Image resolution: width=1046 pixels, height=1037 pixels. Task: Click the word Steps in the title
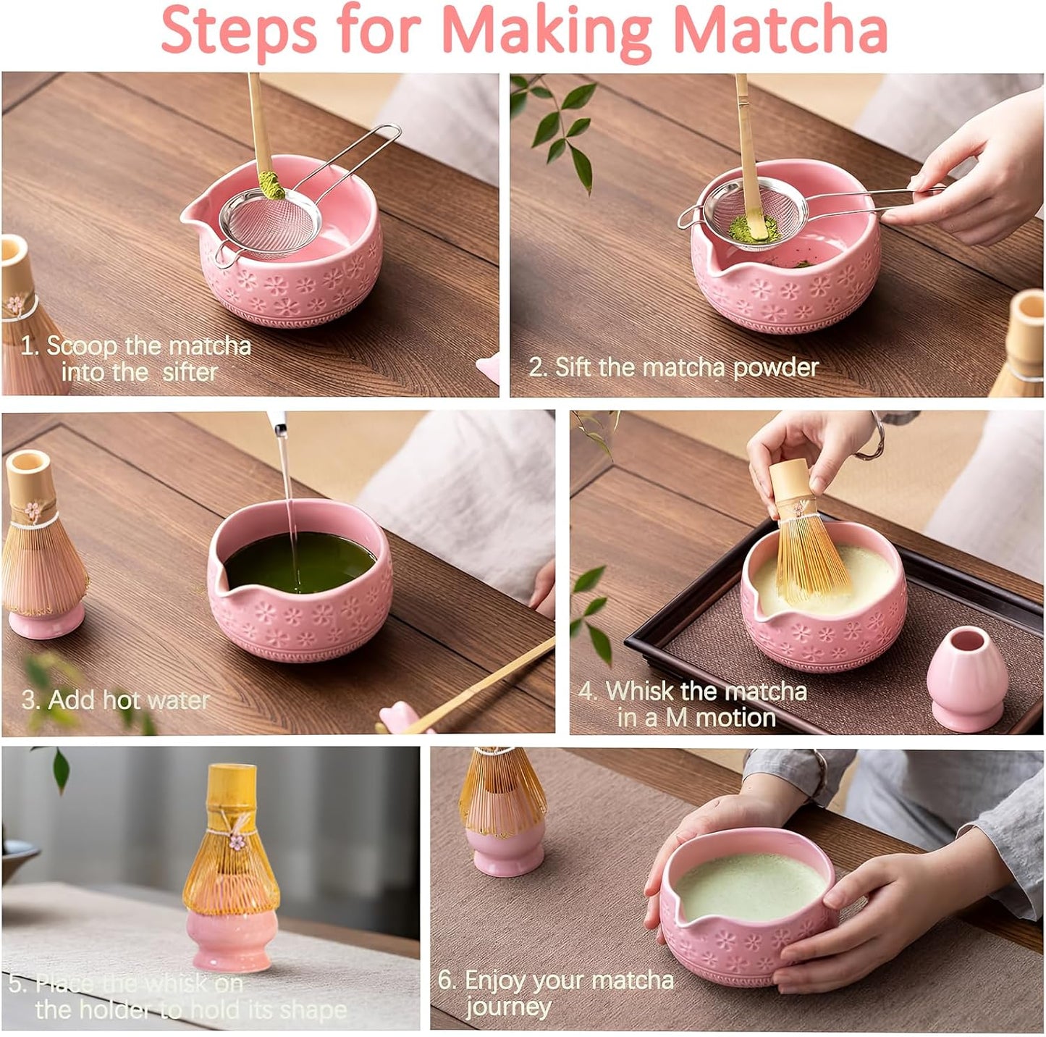point(238,30)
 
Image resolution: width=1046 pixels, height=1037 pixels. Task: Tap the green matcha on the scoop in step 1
point(272,185)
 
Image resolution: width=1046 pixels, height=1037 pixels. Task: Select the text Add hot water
point(116,700)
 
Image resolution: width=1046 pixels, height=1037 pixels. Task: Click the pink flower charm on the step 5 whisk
point(237,841)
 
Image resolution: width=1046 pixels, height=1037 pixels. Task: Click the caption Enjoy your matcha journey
point(555,993)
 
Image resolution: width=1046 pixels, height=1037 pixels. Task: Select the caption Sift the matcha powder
point(673,367)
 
